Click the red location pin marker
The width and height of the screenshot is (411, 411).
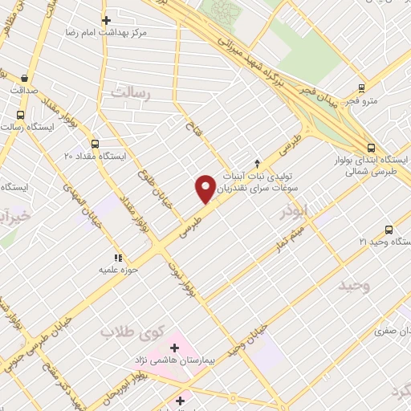[206, 188]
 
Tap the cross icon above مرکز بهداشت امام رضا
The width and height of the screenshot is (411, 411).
[105, 20]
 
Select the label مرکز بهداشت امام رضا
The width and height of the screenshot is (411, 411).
[106, 34]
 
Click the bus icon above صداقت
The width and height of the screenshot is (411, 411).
[23, 79]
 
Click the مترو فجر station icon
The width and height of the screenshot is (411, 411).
[361, 88]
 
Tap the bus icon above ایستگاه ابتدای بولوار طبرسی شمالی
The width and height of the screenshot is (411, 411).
[370, 148]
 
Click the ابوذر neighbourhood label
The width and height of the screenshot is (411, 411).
[294, 210]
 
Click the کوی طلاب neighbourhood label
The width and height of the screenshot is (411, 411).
[133, 332]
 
